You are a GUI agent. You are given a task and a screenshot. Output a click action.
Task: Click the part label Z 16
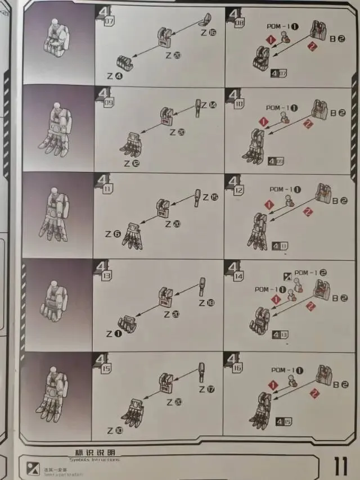tap(208, 33)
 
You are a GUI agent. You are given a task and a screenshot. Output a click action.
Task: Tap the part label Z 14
tap(208, 105)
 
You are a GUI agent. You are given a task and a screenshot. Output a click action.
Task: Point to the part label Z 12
tap(128, 164)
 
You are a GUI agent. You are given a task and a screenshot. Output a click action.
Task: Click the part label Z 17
tap(206, 390)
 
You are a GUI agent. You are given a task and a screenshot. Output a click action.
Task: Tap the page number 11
tap(340, 466)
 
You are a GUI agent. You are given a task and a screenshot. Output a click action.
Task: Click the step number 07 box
tap(109, 21)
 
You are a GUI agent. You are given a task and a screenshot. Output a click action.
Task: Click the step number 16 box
tap(237, 368)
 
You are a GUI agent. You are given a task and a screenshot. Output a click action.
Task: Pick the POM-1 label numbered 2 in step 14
tap(310, 273)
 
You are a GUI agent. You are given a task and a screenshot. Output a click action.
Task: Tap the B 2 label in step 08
tap(337, 39)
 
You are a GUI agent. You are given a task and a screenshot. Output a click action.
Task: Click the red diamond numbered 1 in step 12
tap(269, 205)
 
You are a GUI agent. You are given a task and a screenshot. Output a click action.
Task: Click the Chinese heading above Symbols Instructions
tap(94, 453)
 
